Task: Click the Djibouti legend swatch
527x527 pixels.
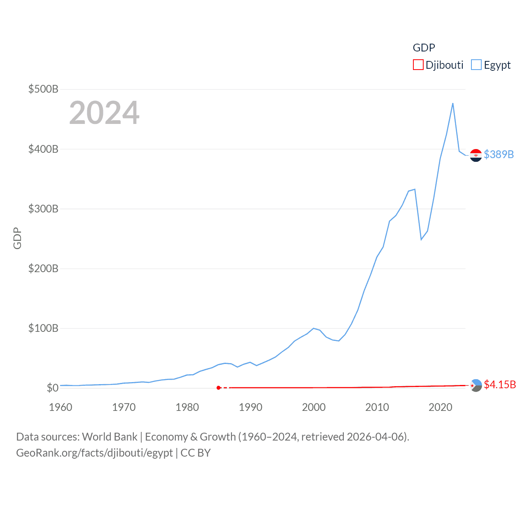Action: [418, 65]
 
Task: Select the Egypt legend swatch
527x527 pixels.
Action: [476, 65]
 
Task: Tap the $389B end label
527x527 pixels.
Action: [499, 154]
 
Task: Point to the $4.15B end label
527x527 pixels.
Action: [500, 385]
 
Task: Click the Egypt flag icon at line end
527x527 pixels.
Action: [476, 155]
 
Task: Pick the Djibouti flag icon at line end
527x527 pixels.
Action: [476, 385]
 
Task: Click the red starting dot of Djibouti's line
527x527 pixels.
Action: [219, 388]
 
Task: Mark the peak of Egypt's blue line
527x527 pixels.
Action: [453, 103]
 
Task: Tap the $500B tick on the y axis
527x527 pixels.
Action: [43, 89]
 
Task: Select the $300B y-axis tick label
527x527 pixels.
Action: [43, 209]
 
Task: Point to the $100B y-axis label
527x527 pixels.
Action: [43, 328]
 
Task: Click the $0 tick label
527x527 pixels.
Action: [52, 388]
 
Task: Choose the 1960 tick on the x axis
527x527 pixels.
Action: [61, 407]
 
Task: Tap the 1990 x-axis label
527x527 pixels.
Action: [250, 407]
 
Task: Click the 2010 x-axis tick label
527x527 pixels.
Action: [377, 407]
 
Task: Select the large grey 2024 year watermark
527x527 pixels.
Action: [104, 113]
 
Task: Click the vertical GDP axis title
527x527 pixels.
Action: [17, 238]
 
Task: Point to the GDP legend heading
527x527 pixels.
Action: [424, 48]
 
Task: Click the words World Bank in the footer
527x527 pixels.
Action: [110, 437]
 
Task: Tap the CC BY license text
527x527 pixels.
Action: [196, 453]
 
